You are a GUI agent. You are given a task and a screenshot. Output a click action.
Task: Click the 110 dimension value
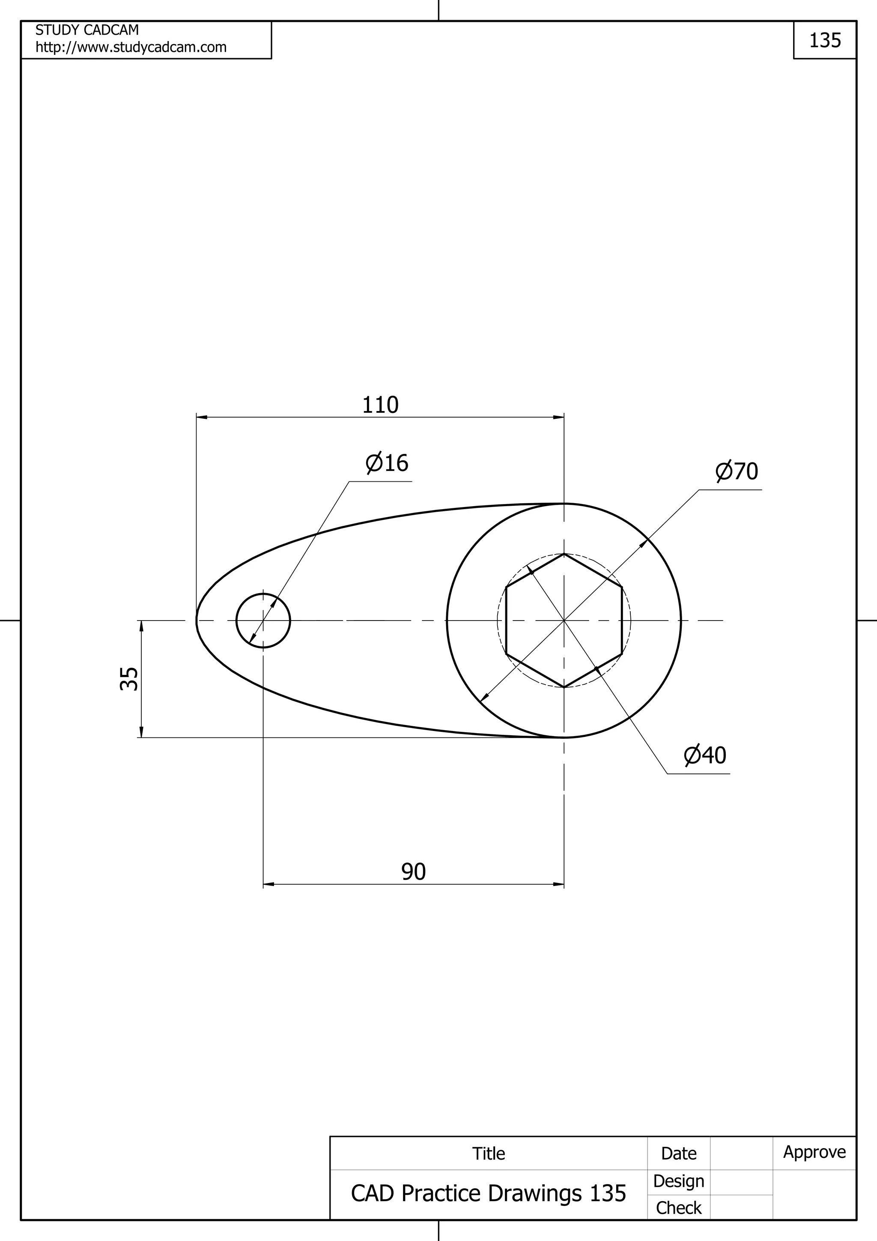380,405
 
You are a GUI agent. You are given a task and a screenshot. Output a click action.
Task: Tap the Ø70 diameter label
737,471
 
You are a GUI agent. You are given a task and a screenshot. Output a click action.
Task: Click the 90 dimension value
413,871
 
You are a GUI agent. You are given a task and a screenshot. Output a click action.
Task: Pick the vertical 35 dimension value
128,679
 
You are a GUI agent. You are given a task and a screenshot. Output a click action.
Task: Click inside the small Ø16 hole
263,620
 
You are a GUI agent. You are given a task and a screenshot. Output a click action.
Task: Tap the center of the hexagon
564,620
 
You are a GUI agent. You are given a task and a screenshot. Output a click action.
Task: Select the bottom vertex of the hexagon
564,688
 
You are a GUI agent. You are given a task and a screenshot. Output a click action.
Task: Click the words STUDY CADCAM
87,30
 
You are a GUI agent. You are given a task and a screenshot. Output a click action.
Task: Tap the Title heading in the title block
489,1154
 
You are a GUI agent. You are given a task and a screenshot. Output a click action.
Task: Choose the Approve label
814,1152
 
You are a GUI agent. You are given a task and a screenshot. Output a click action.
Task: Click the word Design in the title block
678,1181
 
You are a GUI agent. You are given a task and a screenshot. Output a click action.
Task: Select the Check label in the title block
678,1208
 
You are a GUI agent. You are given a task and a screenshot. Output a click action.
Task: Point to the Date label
678,1154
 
